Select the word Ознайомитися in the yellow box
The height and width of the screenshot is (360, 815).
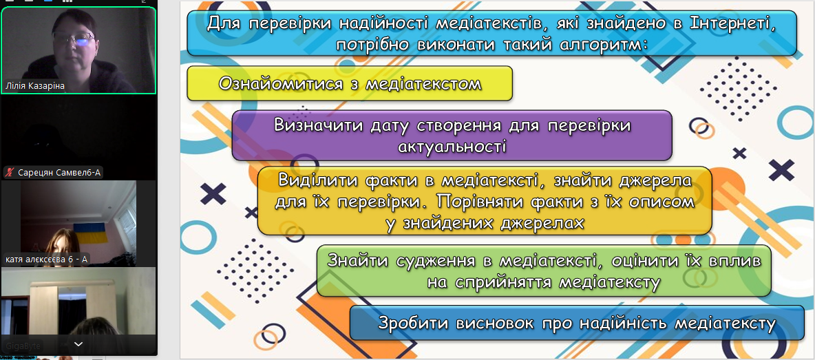click(279, 83)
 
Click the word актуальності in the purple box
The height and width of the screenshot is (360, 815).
click(452, 146)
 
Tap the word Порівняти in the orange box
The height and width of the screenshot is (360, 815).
click(464, 201)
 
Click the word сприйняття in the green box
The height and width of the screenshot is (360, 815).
click(503, 282)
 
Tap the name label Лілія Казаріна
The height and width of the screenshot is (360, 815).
click(35, 86)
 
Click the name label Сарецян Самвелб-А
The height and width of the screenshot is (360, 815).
click(59, 173)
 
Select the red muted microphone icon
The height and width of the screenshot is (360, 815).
click(10, 173)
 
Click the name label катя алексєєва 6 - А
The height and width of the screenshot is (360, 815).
click(47, 259)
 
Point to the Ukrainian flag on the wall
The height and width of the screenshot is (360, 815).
click(91, 232)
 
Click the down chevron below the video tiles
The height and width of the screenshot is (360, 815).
click(78, 344)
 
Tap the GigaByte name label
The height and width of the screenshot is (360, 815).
click(24, 346)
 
